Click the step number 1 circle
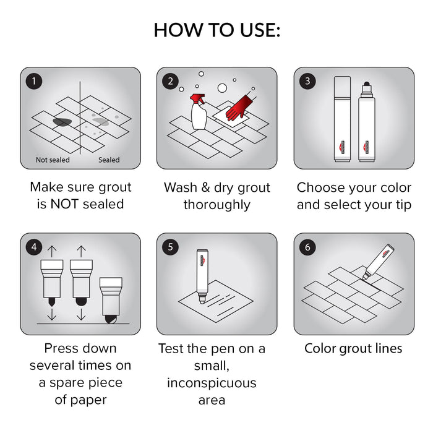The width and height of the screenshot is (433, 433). point(34,81)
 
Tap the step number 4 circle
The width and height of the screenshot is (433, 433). point(34,247)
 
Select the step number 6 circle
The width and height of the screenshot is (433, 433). point(307,247)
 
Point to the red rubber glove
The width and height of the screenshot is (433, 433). point(239,108)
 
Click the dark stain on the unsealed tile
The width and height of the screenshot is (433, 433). point(62,122)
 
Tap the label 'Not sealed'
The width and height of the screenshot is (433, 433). point(53,160)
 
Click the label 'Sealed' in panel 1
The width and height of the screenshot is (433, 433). point(109,160)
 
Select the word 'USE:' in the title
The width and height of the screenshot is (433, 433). point(260,30)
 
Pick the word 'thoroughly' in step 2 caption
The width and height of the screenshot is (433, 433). point(216,205)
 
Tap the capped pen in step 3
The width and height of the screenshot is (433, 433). point(343,119)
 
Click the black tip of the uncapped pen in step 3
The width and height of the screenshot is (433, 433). point(367,84)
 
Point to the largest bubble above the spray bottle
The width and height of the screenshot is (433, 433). point(222,88)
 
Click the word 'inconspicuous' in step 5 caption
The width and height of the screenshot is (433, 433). point(212,383)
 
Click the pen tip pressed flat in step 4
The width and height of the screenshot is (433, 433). point(111,320)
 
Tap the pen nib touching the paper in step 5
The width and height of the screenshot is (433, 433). point(202,301)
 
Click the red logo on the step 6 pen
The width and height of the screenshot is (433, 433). point(385,253)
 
